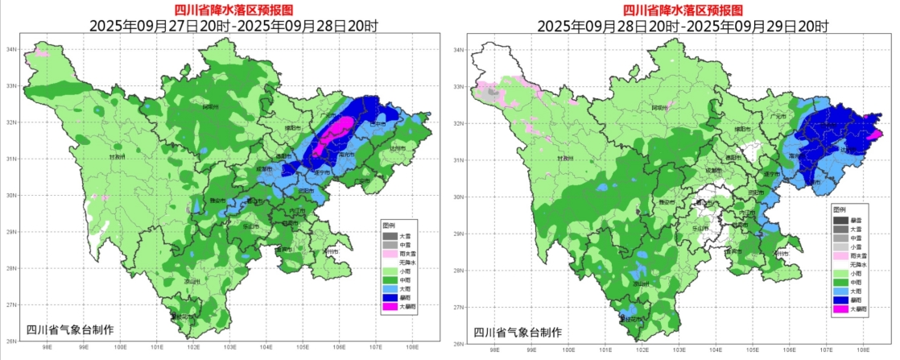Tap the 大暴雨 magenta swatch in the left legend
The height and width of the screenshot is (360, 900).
coord(390,306)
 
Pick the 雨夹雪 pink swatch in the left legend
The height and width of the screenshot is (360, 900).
coord(390,252)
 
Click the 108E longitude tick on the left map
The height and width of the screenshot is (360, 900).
coord(411,347)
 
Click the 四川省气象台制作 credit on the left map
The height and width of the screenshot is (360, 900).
coord(70,329)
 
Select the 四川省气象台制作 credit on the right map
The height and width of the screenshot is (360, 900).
coord(518,332)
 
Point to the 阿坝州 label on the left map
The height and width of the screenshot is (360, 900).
coord(210,106)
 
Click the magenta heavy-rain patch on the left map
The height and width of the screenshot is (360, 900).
coord(331,133)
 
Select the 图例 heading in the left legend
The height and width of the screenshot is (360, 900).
coord(389,225)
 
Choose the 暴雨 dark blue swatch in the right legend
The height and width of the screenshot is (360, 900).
coord(840,299)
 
